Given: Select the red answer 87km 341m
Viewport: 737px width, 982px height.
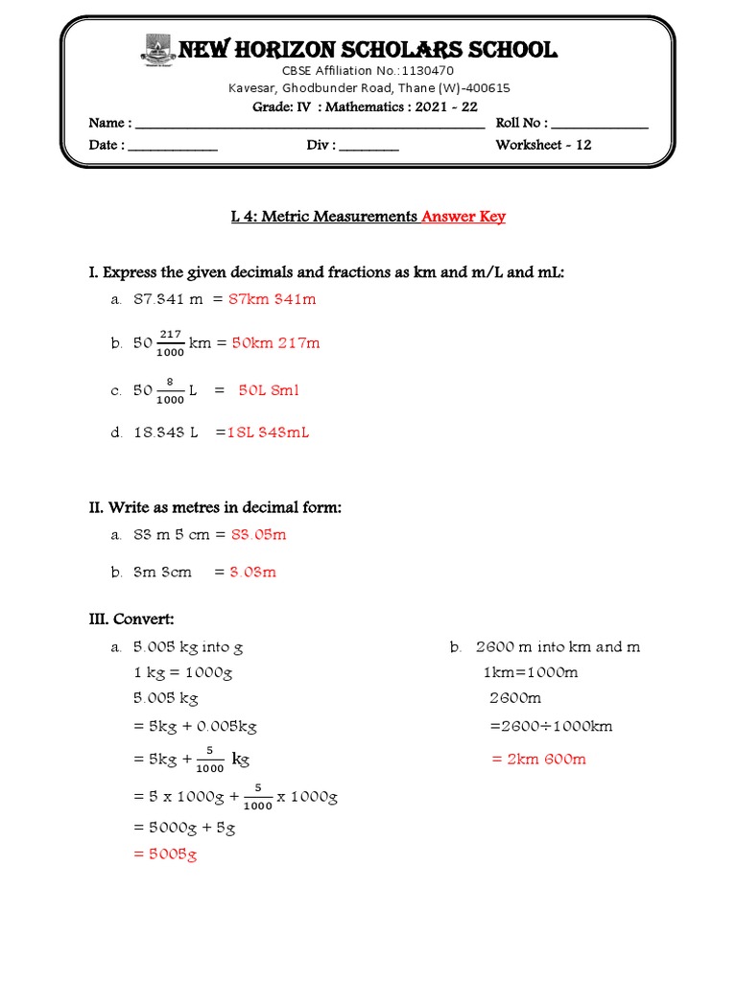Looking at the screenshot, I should pos(273,299).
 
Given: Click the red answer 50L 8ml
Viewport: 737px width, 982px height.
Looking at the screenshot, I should pos(269,390).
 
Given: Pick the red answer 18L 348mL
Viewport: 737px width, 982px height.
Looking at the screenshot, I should pos(268,433).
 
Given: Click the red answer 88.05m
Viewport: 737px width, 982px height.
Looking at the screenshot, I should pos(258,534).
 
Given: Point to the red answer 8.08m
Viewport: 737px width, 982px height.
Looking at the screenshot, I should pos(252,572).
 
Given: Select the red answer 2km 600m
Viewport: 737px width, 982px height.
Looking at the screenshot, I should pos(538,759).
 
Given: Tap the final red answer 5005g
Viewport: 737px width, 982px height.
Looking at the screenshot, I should pos(165,854).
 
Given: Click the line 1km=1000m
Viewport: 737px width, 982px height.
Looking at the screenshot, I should pos(531,672).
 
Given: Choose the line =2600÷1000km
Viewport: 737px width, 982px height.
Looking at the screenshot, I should pos(551,726).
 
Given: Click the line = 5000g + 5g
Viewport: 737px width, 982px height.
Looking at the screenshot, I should pos(184,828).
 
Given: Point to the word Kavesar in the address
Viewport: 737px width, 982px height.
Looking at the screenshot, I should pos(252,88).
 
